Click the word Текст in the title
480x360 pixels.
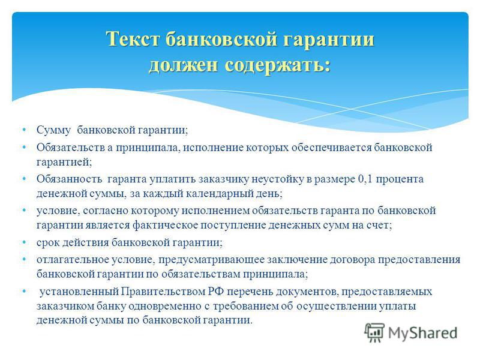[133, 39]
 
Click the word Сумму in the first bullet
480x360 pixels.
[53, 130]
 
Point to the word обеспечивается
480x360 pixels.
[332, 148]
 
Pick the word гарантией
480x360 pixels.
[64, 162]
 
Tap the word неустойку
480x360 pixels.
[277, 179]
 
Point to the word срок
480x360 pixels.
[49, 243]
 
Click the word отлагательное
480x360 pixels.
[73, 260]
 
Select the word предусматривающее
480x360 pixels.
[211, 260]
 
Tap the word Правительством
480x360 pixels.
[163, 292]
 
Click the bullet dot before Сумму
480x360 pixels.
[24, 130]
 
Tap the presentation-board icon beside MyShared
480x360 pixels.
[374, 332]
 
